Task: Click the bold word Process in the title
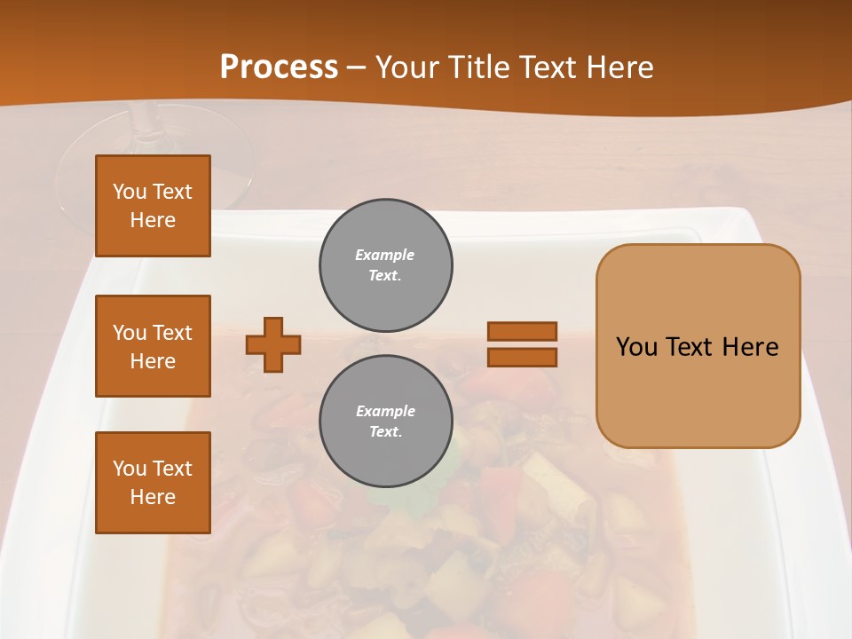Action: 279,67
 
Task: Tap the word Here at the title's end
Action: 617,67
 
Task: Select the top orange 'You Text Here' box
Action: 153,206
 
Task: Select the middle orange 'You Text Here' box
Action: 153,346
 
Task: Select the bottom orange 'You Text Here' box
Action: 153,483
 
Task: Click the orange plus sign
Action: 273,344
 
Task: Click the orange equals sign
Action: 522,344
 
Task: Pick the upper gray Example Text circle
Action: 386,265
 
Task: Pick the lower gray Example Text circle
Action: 386,422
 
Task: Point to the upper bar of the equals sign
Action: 522,331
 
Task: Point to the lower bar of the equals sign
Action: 522,357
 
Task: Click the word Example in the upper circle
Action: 385,255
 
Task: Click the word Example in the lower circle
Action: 385,411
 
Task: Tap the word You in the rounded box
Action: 636,347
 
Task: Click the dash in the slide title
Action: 356,67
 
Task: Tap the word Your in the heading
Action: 406,67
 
